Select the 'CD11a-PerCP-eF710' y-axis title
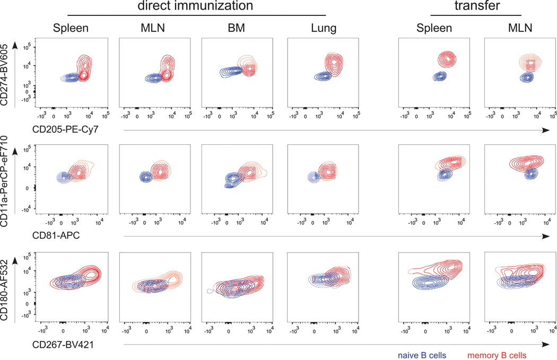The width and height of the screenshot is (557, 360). (x=7, y=180)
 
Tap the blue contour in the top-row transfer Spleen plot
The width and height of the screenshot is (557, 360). (x=440, y=76)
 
